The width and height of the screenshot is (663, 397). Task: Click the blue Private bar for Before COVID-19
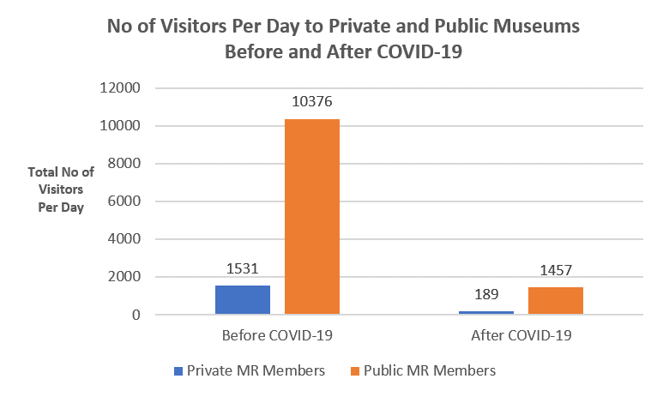point(243,300)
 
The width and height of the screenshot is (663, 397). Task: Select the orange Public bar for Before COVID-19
point(312,217)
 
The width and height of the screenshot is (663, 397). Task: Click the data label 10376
point(312,102)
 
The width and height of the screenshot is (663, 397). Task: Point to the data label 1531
point(243,269)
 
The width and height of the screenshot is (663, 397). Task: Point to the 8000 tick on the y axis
point(125,164)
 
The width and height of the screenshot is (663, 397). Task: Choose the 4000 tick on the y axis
point(125,239)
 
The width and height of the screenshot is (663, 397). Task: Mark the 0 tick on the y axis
point(136,315)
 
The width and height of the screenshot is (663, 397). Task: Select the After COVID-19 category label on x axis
point(521,335)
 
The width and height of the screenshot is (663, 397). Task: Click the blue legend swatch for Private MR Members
point(178,371)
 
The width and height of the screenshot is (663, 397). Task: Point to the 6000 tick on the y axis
point(125,202)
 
